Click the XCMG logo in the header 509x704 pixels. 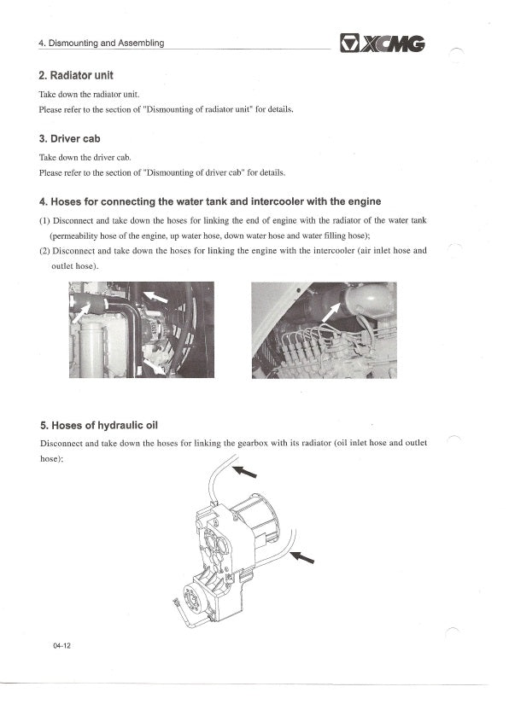tap(383, 44)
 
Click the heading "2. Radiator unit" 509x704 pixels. tap(76, 75)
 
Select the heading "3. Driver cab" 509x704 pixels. tap(70, 139)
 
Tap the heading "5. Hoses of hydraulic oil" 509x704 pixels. tap(99, 425)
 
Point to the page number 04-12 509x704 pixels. tap(61, 646)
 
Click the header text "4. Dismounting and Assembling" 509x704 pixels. tap(102, 44)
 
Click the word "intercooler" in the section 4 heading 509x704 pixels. tap(278, 201)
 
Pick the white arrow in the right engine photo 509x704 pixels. tap(331, 312)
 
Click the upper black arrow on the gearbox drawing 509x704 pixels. tap(244, 471)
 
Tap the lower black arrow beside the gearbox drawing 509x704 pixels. tap(301, 557)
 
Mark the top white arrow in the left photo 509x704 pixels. tap(155, 297)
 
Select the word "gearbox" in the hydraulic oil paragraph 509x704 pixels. tap(253, 443)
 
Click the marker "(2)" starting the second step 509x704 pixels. tap(44, 251)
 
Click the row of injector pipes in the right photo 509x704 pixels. tap(307, 348)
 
